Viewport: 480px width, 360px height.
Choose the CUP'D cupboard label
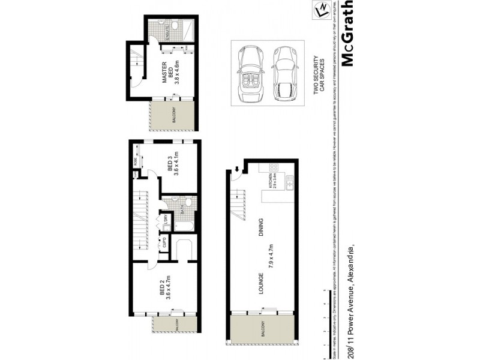[x=163, y=243]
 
